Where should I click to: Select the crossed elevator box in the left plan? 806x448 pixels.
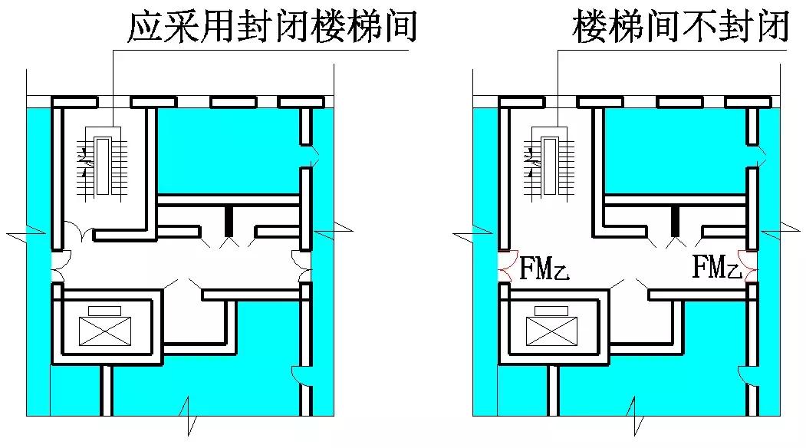[105, 331]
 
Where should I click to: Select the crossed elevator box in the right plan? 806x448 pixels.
[551, 331]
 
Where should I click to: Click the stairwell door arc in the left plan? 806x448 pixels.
[77, 229]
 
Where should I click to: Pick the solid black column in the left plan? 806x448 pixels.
[228, 221]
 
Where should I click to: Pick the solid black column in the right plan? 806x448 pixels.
[675, 221]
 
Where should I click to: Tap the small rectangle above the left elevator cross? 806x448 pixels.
[105, 310]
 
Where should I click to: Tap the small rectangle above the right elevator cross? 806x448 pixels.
[551, 310]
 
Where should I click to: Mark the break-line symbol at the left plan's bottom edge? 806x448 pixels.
[187, 418]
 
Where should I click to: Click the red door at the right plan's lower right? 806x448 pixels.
[743, 375]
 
